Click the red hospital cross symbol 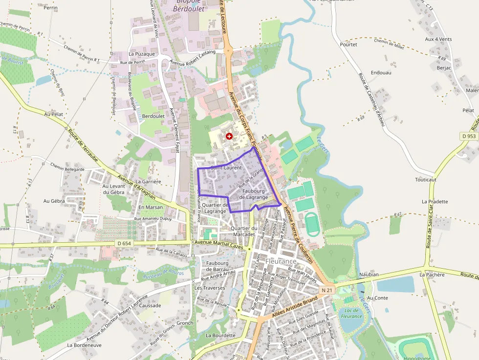pos(229,136)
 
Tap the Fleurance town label pos(281,261)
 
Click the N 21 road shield pos(327,290)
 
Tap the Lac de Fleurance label pos(351,313)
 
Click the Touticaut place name pos(425,179)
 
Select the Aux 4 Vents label pos(438,39)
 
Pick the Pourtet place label pos(348,44)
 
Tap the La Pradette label pos(435,201)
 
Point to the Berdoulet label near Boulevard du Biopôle pos(153,116)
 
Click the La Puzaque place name pos(142,54)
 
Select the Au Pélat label pos(54,114)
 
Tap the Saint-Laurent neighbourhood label pos(226,168)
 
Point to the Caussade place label pos(150,305)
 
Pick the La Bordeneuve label pos(84,344)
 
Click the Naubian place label pos(369,275)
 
